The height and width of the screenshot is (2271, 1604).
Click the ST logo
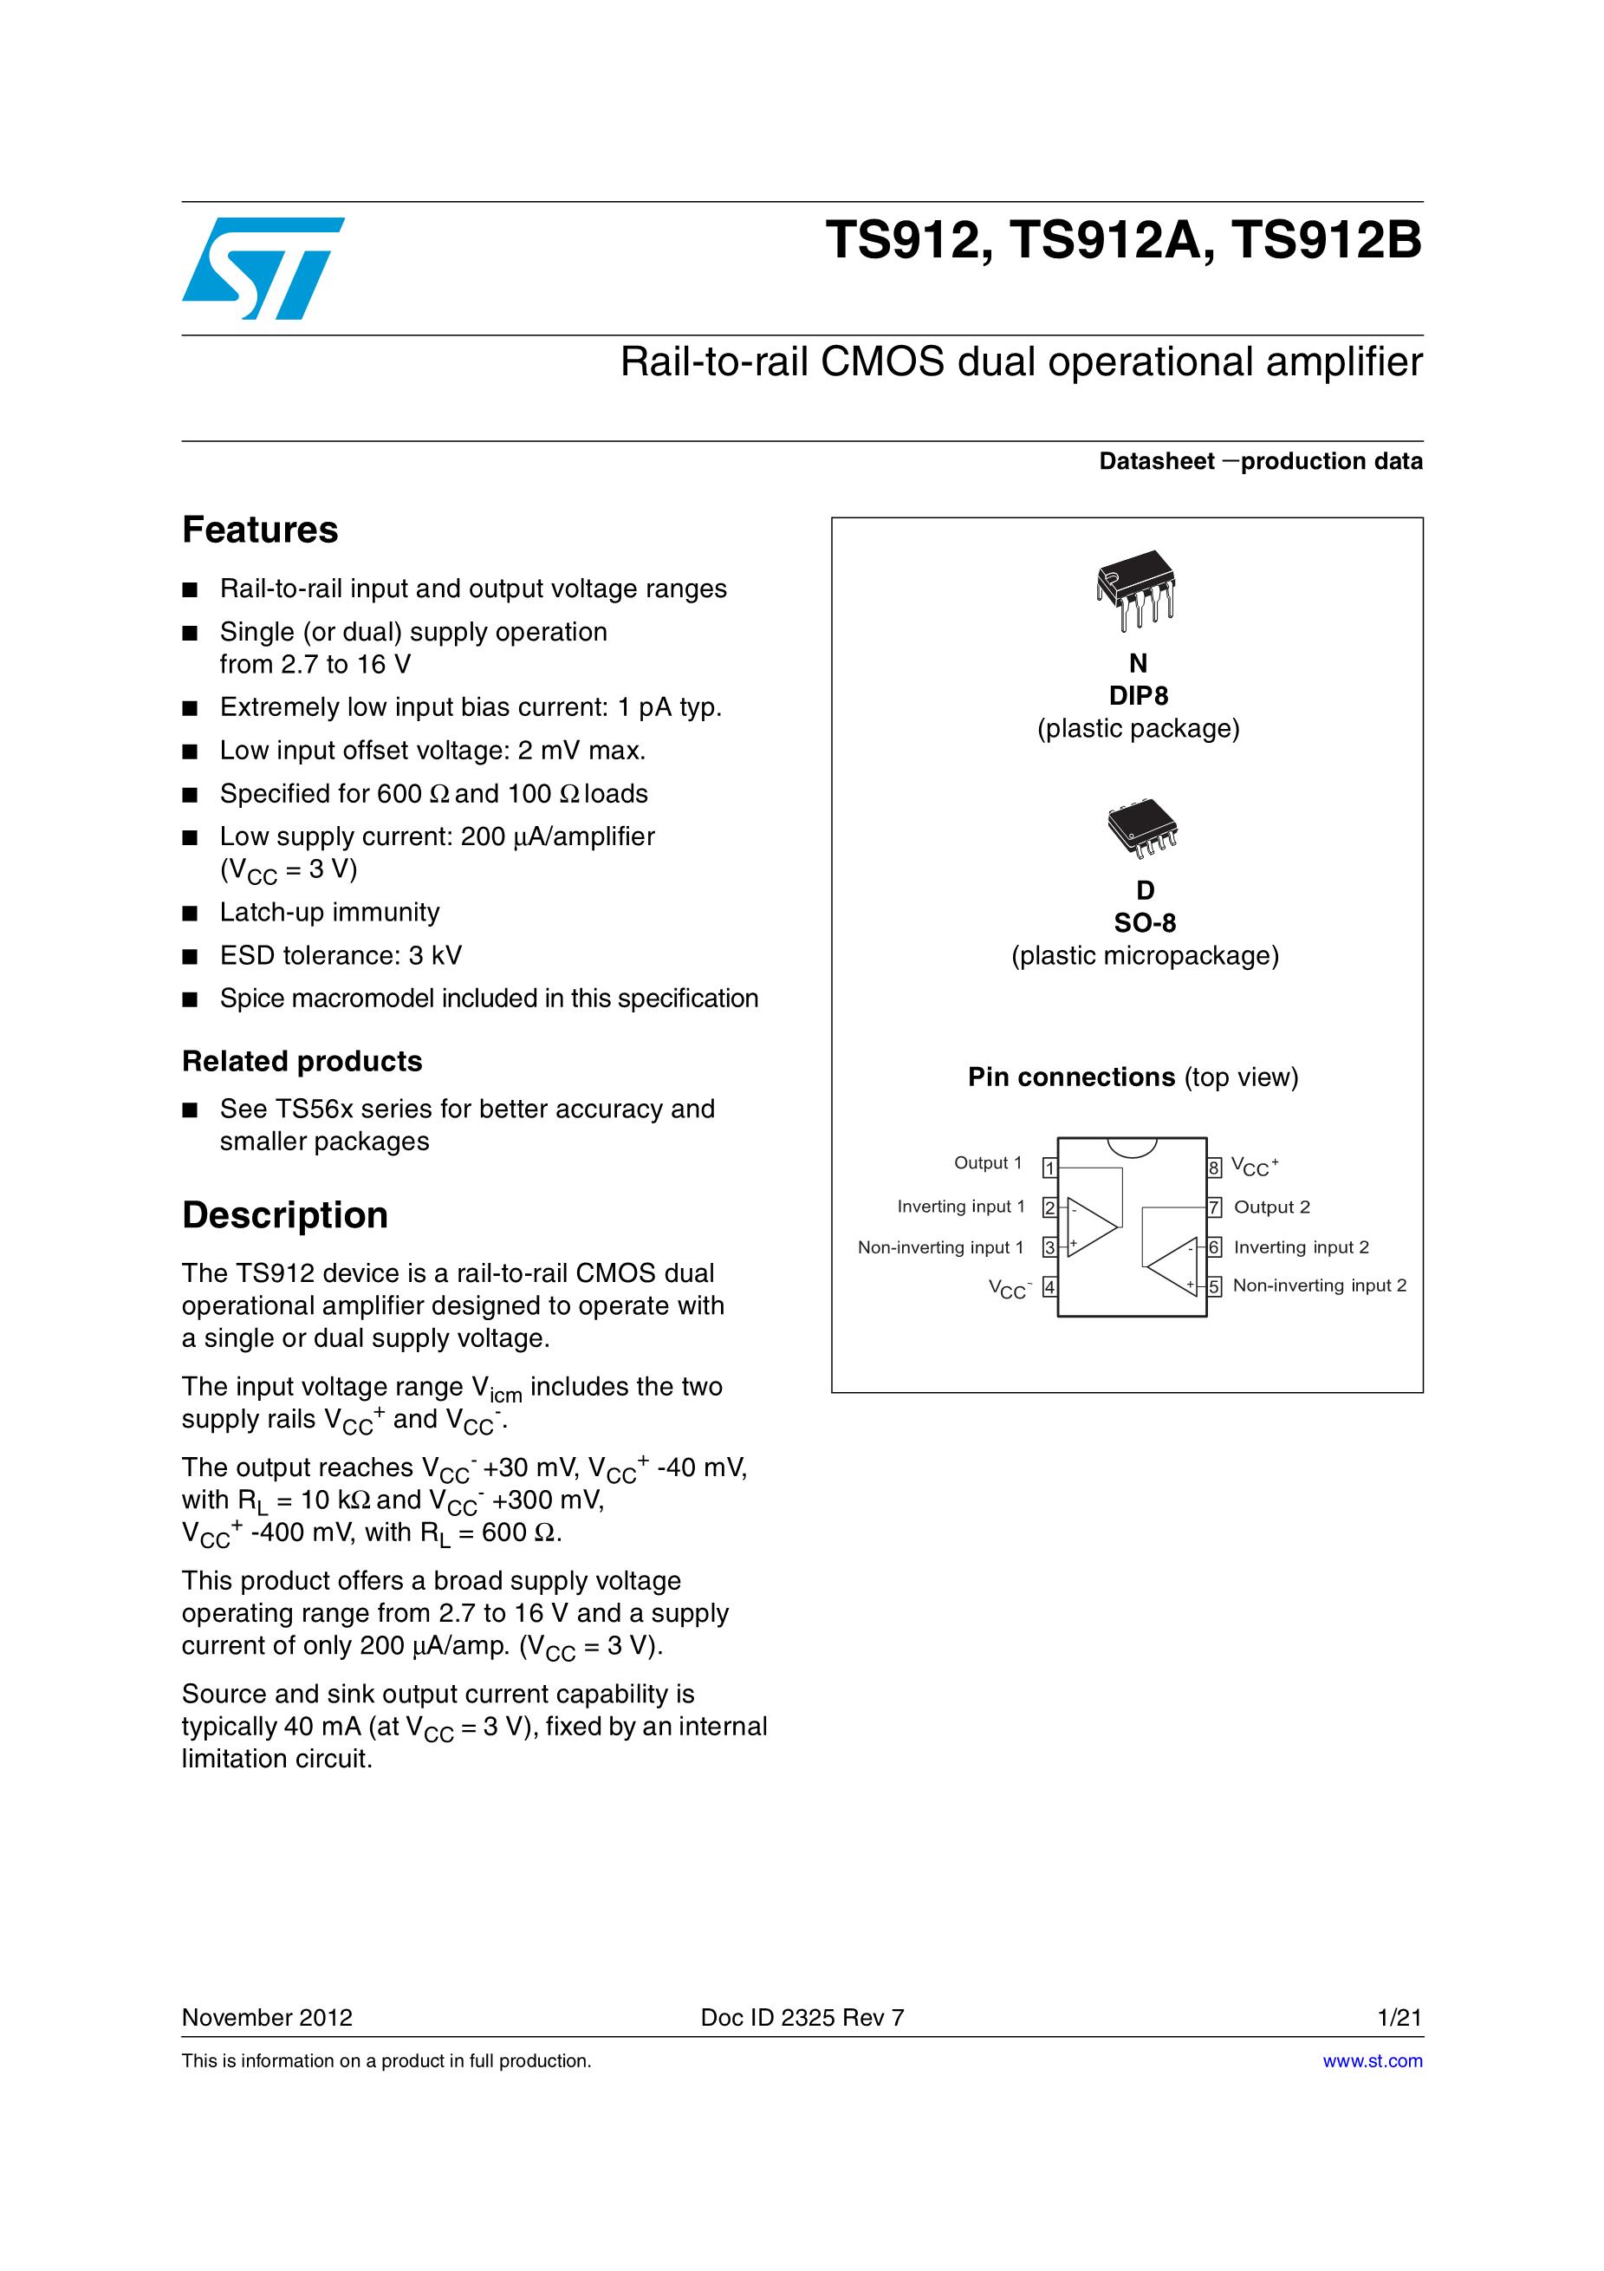262,268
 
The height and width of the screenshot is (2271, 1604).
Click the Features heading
260,530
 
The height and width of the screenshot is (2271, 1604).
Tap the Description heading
285,1214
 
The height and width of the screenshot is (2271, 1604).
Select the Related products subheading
302,1061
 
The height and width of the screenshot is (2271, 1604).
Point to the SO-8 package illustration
1143,829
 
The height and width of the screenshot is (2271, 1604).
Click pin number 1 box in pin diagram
1050,1169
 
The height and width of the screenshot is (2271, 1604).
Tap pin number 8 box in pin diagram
1214,1168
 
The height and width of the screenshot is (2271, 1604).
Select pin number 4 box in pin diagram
1050,1287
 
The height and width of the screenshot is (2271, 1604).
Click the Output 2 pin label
1272,1207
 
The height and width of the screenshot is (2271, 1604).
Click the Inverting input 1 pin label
960,1207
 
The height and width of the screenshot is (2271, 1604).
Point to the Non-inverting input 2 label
1319,1285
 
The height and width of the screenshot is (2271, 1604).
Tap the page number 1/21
1399,2018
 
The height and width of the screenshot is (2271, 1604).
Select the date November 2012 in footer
267,2018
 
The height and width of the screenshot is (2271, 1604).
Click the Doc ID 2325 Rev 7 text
802,2018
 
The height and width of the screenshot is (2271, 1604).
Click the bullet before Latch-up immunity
190,913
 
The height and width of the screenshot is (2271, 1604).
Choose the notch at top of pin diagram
1133,1145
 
